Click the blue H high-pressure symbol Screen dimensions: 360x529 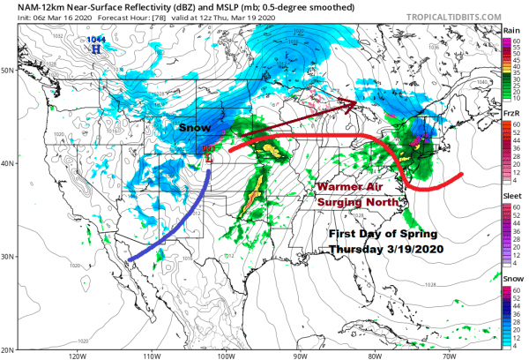click(x=94, y=49)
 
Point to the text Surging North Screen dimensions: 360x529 click(x=358, y=203)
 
